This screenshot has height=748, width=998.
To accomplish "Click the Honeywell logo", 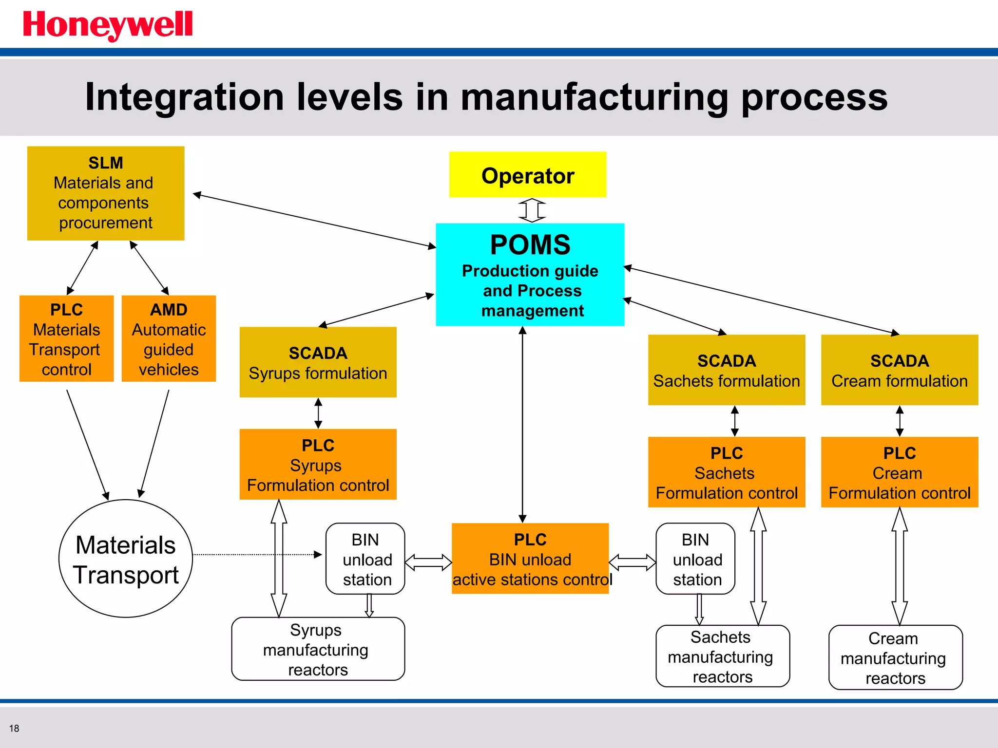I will [108, 25].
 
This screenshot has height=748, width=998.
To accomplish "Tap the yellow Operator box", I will [527, 175].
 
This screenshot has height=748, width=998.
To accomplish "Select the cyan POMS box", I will [530, 275].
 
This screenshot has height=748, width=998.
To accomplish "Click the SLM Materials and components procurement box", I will [106, 193].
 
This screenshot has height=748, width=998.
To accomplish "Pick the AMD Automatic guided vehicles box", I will [169, 339].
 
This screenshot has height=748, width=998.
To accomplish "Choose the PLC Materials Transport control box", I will [67, 339].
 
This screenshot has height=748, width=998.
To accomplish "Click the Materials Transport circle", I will [126, 559].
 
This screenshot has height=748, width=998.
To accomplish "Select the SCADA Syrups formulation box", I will [318, 362].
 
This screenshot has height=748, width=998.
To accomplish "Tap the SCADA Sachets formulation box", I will [726, 370].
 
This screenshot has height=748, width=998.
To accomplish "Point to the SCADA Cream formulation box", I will [899, 370].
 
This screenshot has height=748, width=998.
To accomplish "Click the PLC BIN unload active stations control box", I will [530, 559].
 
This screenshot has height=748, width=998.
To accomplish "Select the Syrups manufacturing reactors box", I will [318, 649].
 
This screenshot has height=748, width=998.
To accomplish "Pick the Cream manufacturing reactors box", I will [895, 657].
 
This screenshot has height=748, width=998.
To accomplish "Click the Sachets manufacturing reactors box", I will [722, 656].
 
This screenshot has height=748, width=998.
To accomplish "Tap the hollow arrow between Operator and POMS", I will [532, 210].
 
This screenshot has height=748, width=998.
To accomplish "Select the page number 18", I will [14, 729].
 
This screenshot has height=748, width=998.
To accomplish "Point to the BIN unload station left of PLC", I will [365, 559].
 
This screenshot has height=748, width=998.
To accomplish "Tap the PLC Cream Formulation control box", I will [899, 472].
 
